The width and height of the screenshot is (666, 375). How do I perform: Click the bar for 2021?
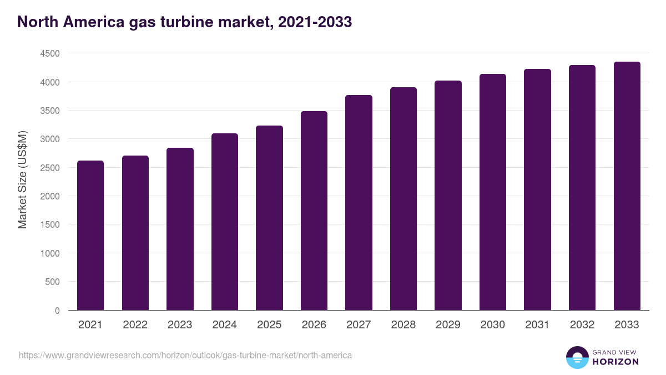coord(90,236)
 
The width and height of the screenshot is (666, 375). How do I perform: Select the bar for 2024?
coord(225,222)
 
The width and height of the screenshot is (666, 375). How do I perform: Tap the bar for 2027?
coord(359,203)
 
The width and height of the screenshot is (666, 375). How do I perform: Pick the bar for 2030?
coord(493,192)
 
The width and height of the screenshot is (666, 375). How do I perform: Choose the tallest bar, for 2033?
coord(627,186)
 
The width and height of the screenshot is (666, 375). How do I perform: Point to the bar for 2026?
coord(314,211)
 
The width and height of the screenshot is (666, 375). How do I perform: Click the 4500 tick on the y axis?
coord(49,54)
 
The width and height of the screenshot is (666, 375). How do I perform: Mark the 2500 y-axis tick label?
coord(49,168)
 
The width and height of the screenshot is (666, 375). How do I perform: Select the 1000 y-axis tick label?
coord(49,253)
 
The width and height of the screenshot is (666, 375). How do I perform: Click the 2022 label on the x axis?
coord(135,325)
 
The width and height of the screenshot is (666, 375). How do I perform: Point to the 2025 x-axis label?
coord(269,325)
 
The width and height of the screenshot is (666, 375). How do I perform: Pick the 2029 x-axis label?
coord(448,325)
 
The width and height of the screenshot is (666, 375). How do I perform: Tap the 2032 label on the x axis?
coord(582,325)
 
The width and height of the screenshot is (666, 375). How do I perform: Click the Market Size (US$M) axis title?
coord(22,181)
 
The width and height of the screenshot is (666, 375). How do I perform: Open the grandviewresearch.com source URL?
coord(185,355)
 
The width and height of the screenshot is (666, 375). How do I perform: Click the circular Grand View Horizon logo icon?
coord(577,357)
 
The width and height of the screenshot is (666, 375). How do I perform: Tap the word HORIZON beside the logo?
coord(615,362)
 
